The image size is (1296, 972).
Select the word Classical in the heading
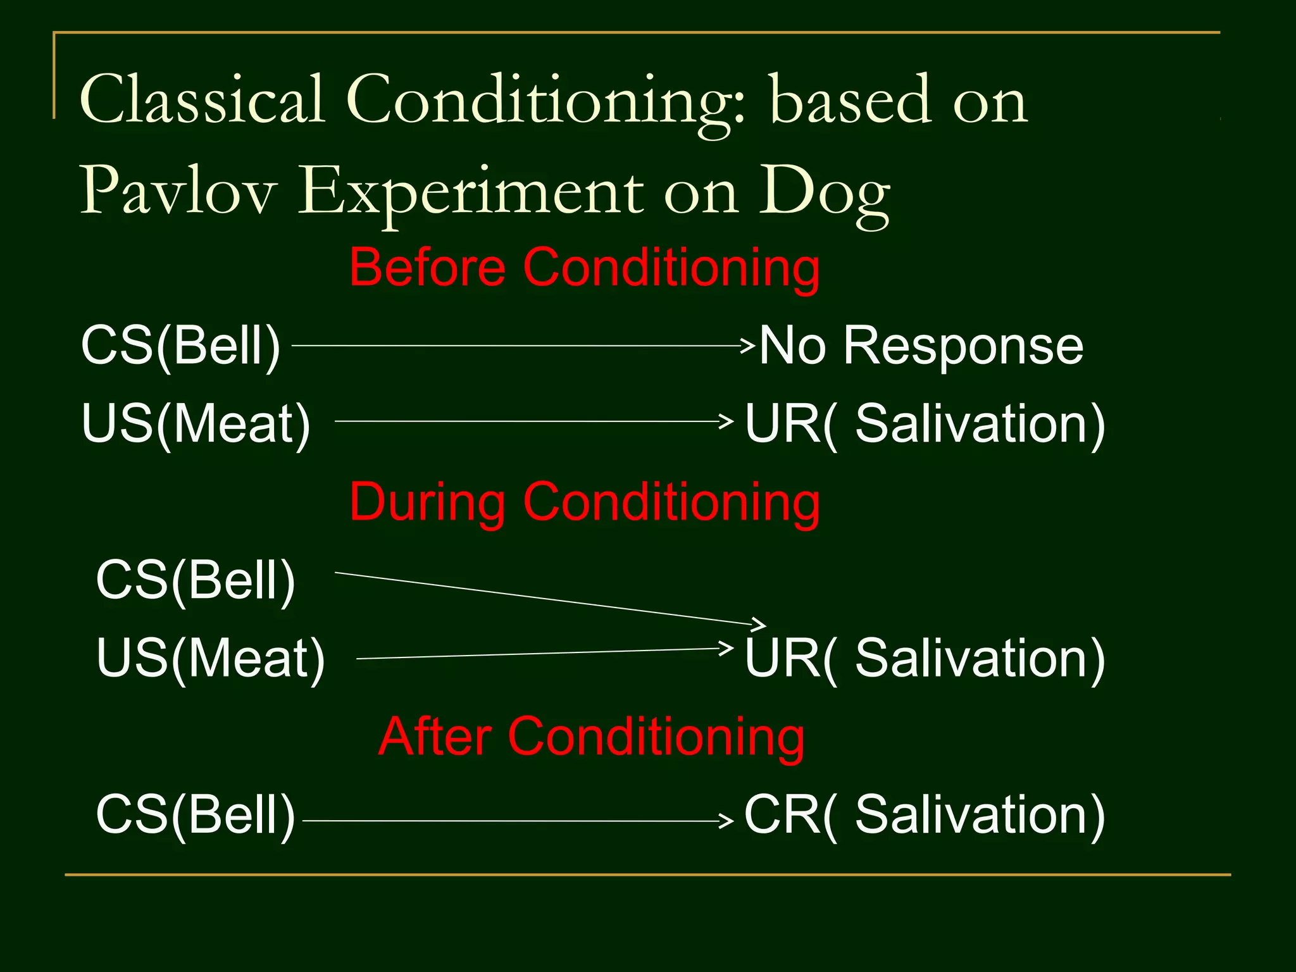coord(202,100)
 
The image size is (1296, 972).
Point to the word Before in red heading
coord(428,268)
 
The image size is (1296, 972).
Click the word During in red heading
coord(428,502)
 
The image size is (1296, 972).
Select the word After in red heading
coord(435,737)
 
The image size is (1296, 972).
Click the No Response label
coord(921,346)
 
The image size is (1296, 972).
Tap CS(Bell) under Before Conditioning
coord(181,346)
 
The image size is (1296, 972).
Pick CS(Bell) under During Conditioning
coord(196,580)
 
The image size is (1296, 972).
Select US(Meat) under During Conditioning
coord(211,658)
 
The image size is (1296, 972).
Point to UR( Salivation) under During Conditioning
coord(924,658)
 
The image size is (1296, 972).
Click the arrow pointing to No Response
coord(522,346)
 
